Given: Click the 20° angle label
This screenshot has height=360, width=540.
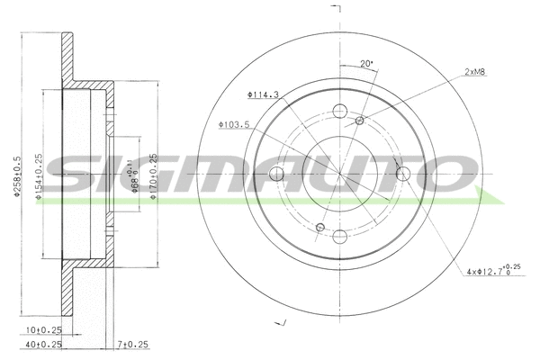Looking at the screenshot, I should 366,63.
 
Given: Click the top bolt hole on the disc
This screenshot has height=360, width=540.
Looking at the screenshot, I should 339,111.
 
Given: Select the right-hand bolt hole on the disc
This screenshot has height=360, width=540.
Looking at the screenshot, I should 403,173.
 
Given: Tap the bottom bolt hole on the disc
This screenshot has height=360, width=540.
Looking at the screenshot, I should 340,237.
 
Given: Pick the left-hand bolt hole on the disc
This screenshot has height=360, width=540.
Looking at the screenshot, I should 276,174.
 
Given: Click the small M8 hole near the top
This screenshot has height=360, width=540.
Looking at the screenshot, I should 360,121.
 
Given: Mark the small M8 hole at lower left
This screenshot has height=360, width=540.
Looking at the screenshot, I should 319,227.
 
